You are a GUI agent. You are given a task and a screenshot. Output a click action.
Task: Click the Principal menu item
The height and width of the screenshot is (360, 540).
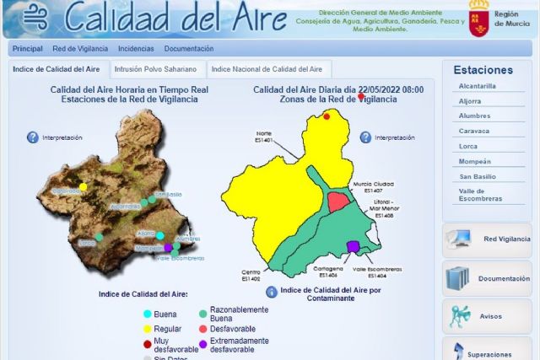click(x=28, y=49)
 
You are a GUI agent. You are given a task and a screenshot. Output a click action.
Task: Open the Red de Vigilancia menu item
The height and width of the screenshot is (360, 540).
click(x=80, y=49)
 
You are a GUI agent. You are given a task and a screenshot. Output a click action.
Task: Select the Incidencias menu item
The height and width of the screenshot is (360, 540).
click(x=136, y=49)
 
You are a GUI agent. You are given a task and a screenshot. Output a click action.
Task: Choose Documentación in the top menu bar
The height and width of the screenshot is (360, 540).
click(x=189, y=49)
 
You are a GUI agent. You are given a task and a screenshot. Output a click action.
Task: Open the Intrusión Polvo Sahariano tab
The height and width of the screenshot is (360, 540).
click(x=155, y=69)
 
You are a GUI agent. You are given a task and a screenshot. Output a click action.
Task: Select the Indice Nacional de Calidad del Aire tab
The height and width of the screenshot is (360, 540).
click(x=266, y=69)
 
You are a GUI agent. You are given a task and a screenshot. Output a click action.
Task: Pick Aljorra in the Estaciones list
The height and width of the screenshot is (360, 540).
click(x=471, y=101)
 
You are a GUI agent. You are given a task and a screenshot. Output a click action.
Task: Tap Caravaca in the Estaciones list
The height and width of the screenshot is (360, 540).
click(x=474, y=131)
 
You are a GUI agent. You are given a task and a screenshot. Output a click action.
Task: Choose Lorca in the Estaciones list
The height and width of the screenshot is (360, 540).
click(x=468, y=146)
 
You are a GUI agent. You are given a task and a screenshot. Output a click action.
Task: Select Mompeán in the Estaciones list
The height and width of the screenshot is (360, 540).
click(x=475, y=161)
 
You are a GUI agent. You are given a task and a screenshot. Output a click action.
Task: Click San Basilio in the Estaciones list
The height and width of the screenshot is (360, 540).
click(x=478, y=176)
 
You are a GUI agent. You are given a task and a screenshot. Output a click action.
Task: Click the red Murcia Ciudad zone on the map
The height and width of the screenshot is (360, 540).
click(x=337, y=201)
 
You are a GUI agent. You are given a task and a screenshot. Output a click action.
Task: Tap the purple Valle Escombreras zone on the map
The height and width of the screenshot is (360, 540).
click(x=353, y=246)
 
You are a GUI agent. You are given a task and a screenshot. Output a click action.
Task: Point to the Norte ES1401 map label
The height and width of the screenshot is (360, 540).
click(x=264, y=137)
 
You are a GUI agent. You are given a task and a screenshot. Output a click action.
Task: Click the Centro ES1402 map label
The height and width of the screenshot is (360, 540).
click(x=251, y=276)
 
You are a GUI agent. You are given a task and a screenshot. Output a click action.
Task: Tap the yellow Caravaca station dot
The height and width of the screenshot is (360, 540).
click(x=83, y=186)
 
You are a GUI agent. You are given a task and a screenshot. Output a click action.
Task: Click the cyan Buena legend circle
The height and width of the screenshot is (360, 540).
click(x=146, y=314)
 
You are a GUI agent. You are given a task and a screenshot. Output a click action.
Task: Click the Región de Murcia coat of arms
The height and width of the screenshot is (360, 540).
click(x=478, y=19)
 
